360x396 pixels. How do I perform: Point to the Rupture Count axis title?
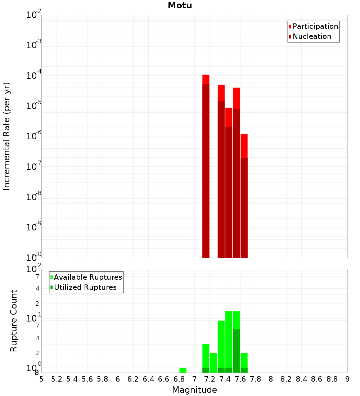point(14,320)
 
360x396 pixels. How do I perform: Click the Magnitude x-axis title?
point(194,390)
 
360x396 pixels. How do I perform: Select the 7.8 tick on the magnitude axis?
point(256,379)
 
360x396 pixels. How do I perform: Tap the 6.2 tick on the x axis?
point(133,379)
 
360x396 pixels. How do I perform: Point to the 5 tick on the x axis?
point(41,379)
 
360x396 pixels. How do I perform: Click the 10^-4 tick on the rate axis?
point(34,76)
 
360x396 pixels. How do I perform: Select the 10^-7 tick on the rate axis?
point(34,167)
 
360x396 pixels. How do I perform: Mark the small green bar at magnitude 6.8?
point(183,370)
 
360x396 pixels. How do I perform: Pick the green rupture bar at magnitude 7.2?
point(213,363)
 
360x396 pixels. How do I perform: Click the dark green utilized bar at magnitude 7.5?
point(236,351)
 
